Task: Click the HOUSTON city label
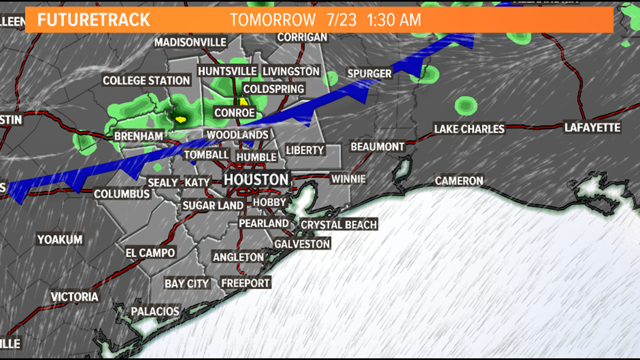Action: tap(256, 180)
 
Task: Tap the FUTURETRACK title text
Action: tap(94, 20)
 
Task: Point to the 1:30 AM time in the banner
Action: tap(394, 20)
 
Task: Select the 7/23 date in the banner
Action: tap(341, 20)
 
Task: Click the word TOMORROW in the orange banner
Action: tap(273, 20)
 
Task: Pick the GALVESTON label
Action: tap(302, 244)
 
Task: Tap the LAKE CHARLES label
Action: tap(469, 129)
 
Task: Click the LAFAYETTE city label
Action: tap(593, 128)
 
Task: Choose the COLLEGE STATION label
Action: tap(147, 81)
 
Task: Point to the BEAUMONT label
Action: tap(377, 147)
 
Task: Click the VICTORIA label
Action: tap(75, 297)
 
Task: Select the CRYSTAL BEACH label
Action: tap(339, 225)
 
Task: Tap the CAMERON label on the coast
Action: tap(459, 181)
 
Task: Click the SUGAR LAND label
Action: tap(213, 206)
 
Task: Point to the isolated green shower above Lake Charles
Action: tap(465, 105)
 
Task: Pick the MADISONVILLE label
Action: tap(190, 43)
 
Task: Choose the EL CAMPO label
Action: tap(150, 253)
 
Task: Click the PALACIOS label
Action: tap(155, 312)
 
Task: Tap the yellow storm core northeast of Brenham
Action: tap(180, 119)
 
